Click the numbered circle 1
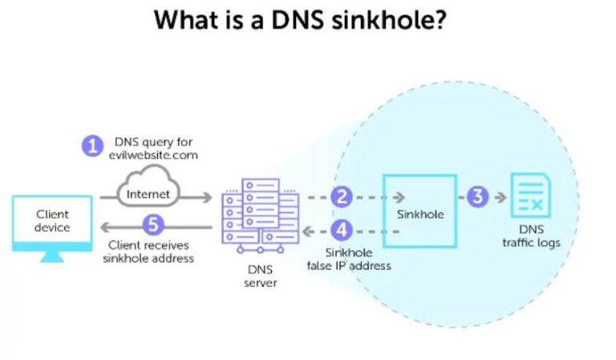coord(93,146)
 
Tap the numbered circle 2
coord(342,196)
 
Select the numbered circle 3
coord(477,196)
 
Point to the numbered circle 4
coord(342,230)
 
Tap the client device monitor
coord(53,221)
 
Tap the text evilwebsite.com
coord(153,156)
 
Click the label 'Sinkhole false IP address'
coord(349,259)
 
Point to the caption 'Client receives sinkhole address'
coord(148,252)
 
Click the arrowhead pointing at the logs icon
coord(503,196)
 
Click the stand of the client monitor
coord(53,256)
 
